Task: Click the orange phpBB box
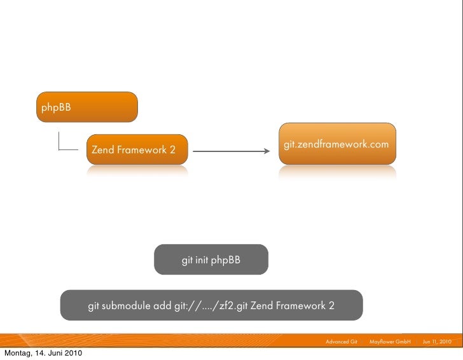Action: pyautogui.click(x=86, y=106)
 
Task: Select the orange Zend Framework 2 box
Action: pyautogui.click(x=137, y=149)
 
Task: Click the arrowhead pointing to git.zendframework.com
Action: pyautogui.click(x=266, y=151)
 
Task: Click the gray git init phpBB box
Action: pyautogui.click(x=211, y=260)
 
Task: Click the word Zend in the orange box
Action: pyautogui.click(x=103, y=150)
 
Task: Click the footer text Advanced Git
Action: pyautogui.click(x=342, y=342)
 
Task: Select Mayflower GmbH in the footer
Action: pyautogui.click(x=390, y=342)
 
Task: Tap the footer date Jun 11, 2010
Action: pyautogui.click(x=437, y=342)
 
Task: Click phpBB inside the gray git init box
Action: pyautogui.click(x=226, y=260)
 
